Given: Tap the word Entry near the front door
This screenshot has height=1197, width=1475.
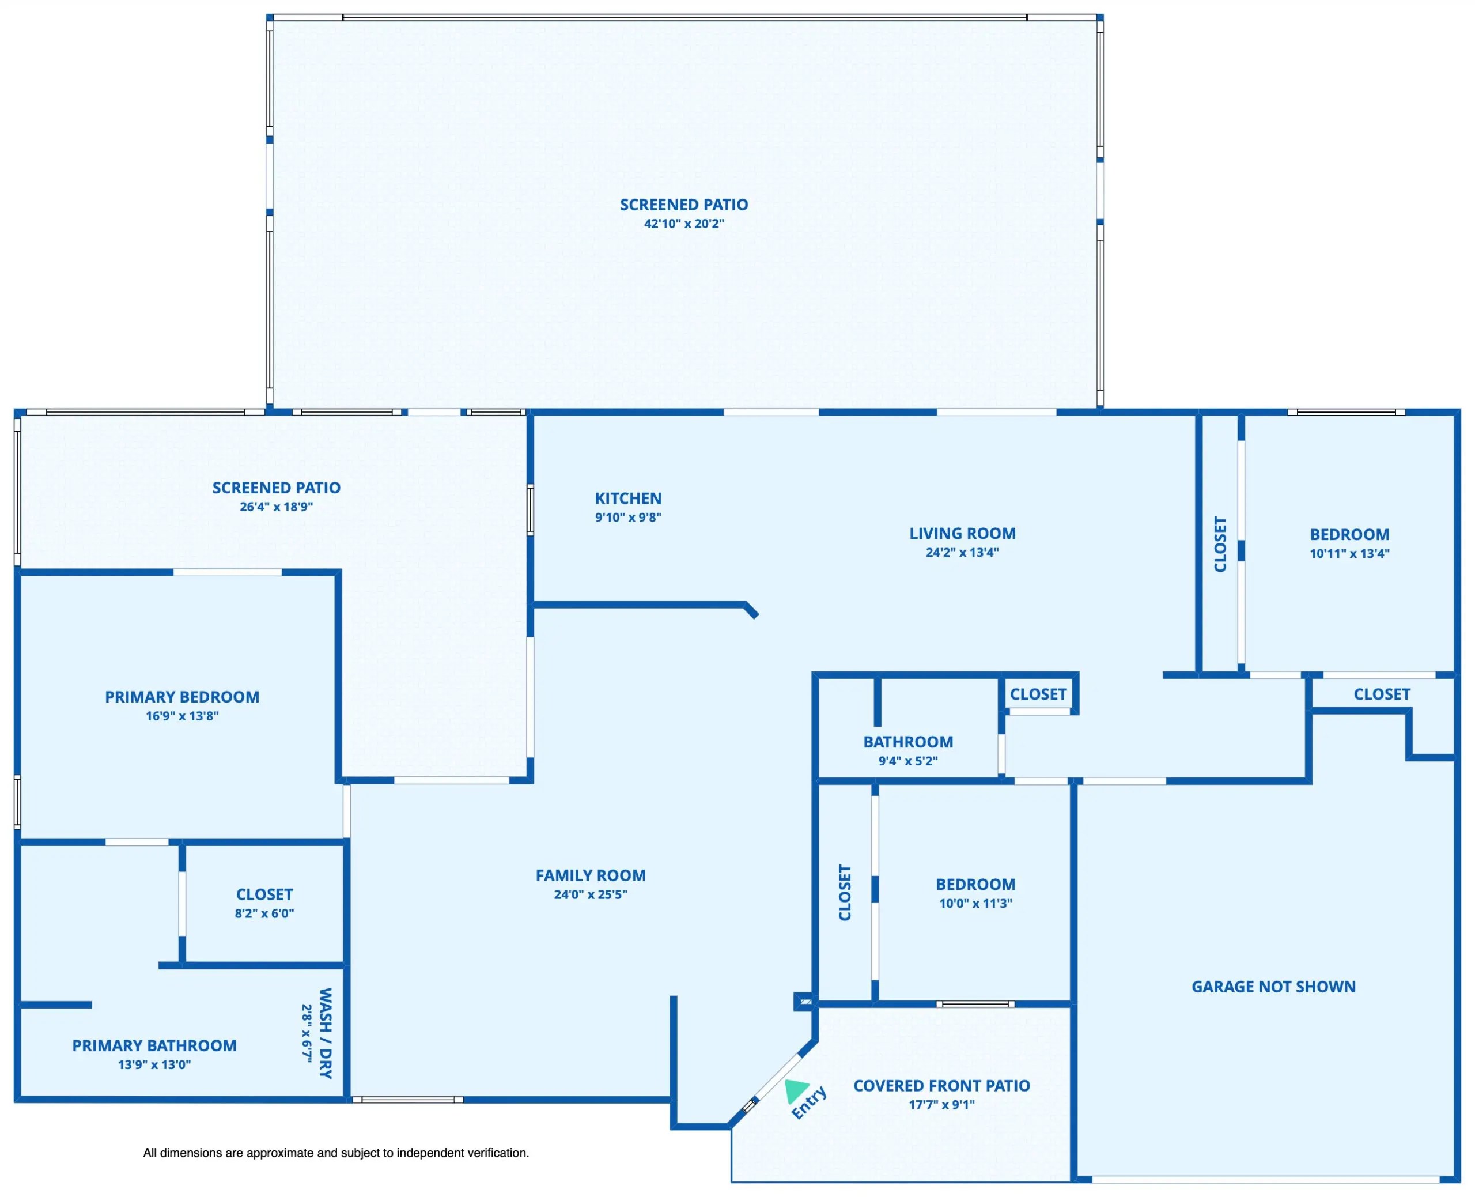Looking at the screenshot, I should [809, 1102].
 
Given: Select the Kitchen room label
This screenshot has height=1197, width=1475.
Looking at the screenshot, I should [628, 498].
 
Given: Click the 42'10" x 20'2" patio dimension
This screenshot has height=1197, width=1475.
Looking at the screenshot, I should [684, 224].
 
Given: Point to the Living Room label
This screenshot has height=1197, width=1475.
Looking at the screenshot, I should [962, 533].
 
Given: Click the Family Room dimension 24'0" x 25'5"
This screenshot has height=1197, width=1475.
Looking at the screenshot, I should [591, 894].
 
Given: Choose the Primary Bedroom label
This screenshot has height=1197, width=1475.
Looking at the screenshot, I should [182, 696].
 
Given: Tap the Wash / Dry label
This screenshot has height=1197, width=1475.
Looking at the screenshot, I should [326, 1032].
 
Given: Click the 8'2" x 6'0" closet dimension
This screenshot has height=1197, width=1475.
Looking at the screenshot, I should [264, 913].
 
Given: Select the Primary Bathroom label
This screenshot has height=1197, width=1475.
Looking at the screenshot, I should [154, 1045].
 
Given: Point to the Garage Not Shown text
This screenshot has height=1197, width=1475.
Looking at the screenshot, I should [1273, 987].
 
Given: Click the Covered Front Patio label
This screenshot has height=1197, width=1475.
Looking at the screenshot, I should [941, 1085].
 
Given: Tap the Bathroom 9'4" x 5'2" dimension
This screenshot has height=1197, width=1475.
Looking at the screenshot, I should [907, 761].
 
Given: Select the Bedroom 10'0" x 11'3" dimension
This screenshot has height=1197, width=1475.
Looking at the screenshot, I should [975, 903].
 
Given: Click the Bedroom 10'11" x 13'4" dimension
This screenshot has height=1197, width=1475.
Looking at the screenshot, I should [1349, 553].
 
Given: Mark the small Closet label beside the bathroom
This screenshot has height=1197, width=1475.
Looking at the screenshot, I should [1038, 694].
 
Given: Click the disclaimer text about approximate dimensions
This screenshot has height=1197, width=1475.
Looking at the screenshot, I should [336, 1153].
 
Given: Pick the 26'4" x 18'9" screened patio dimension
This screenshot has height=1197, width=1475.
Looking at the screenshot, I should [277, 507].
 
